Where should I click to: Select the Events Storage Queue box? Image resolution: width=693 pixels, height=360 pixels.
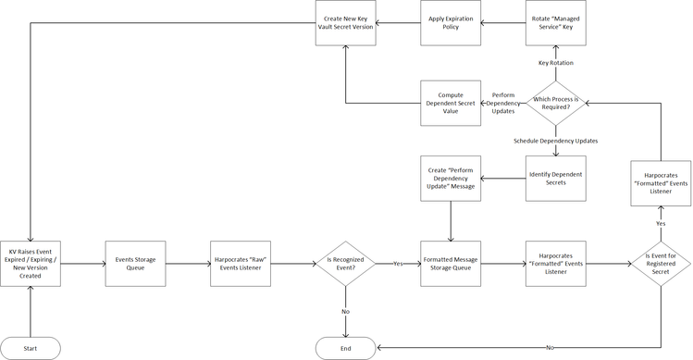coord(135,264)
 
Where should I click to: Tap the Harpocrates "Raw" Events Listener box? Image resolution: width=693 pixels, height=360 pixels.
coord(241,264)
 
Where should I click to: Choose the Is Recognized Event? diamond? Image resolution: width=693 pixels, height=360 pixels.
coord(345,264)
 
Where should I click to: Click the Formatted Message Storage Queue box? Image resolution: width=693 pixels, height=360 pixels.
coord(451,264)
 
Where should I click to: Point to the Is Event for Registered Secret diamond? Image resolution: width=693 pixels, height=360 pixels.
coord(661,264)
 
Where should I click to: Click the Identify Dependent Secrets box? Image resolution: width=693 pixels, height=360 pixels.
coord(555,178)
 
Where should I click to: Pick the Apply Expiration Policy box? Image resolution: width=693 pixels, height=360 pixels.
coord(451,23)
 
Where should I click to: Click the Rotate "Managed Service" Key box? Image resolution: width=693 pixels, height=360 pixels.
coord(555,23)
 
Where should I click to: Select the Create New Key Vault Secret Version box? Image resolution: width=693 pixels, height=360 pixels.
coord(345,23)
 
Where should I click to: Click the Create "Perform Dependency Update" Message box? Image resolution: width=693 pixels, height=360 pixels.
coord(451,178)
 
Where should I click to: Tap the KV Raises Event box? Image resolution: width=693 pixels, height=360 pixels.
coord(31,264)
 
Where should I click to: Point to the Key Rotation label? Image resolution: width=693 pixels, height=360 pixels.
coord(555,63)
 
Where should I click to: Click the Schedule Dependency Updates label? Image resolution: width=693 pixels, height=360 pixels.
coord(555,141)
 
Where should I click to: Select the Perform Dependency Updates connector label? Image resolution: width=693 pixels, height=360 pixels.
coord(503,103)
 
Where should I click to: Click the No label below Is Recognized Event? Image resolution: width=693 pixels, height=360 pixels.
coord(345,311)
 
